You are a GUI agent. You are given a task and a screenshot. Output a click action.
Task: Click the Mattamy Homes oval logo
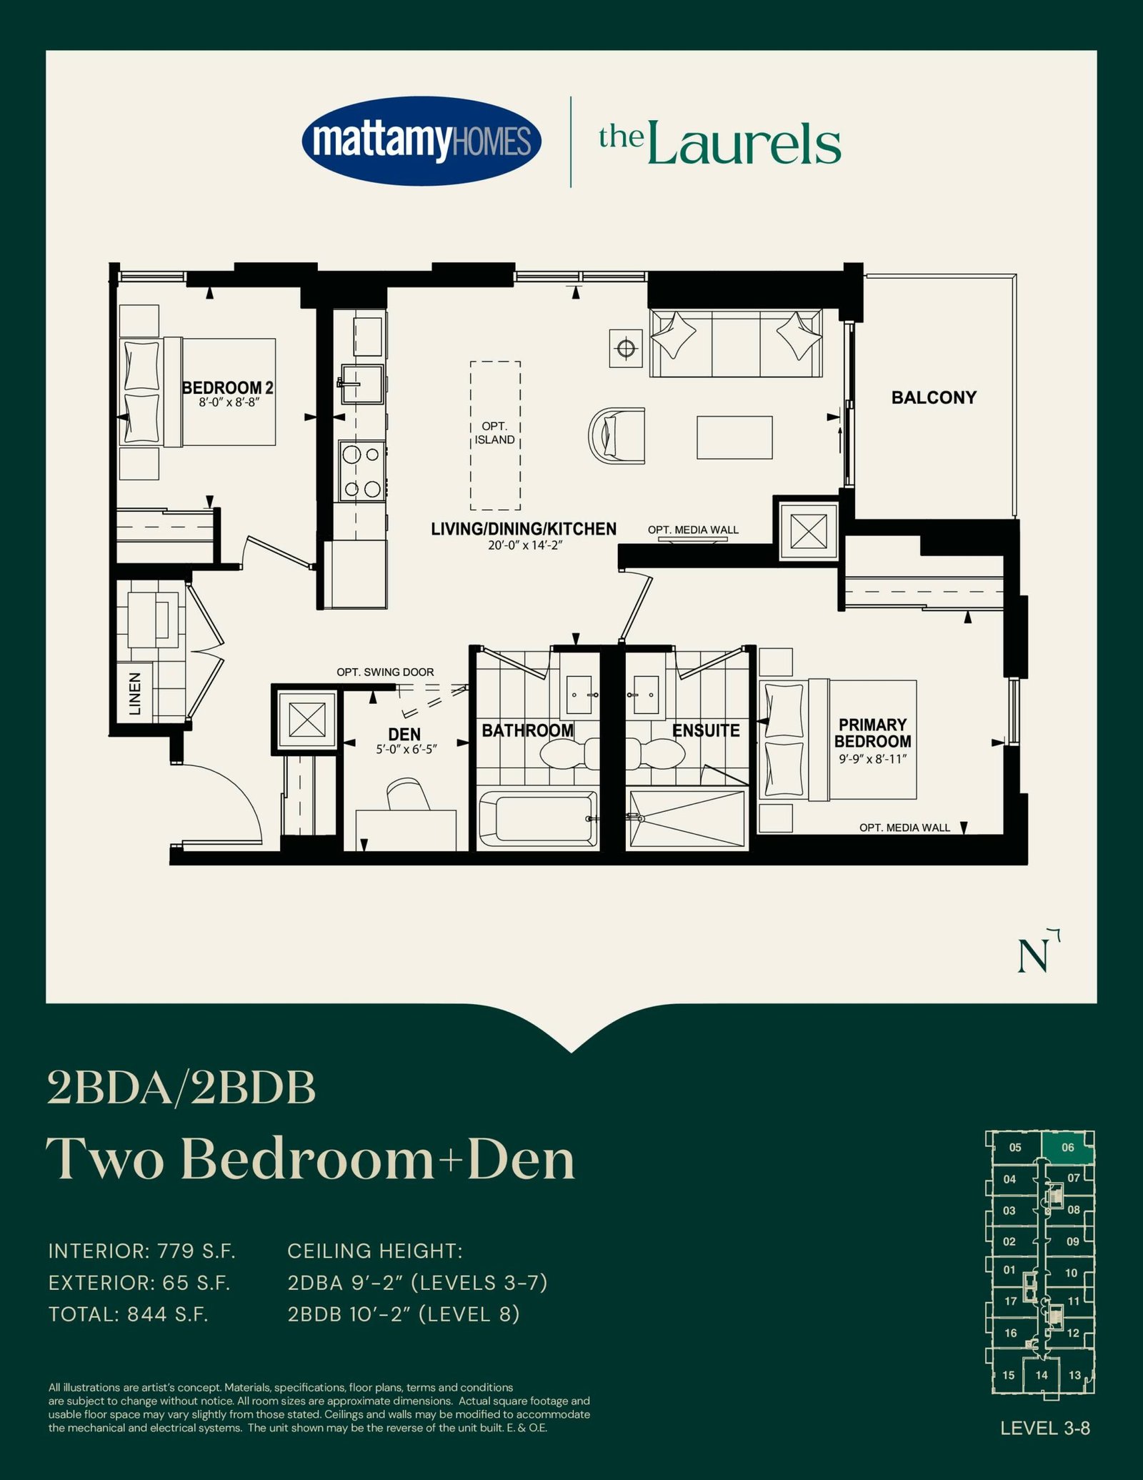[x=421, y=140]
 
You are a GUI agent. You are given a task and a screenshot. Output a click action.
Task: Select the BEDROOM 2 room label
[x=228, y=388]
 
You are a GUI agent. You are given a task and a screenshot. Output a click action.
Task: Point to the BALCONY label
[x=934, y=397]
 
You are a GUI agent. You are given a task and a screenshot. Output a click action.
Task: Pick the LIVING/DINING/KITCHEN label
[x=524, y=529]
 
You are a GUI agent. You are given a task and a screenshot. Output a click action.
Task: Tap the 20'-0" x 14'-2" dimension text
[x=524, y=545]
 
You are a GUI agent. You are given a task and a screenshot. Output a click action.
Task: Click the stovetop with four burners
[x=361, y=471]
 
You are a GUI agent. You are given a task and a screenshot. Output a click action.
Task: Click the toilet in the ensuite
[x=656, y=753]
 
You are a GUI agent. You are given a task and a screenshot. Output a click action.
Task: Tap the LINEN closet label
[x=134, y=693]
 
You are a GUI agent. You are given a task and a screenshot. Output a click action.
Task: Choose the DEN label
[x=404, y=735]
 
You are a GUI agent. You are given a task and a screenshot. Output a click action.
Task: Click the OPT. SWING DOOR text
[x=385, y=672]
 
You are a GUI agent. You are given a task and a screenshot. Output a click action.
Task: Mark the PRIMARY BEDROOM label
[x=872, y=733]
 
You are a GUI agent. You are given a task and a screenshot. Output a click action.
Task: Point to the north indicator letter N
[x=1034, y=957]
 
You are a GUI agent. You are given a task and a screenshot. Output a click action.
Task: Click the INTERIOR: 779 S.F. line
[x=142, y=1251]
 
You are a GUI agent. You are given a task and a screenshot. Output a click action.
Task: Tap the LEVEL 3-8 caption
[x=1045, y=1429]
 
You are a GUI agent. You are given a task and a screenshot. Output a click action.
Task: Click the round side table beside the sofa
[x=627, y=349]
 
